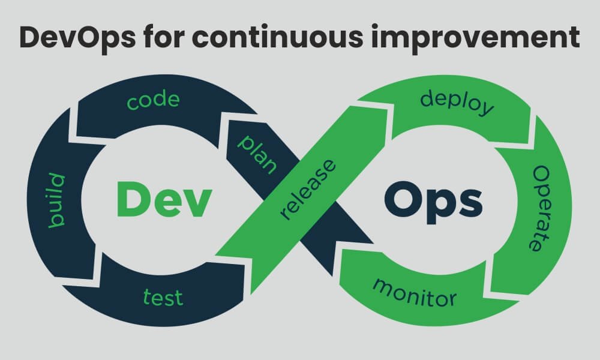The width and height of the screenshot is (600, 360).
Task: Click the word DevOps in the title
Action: (x=77, y=38)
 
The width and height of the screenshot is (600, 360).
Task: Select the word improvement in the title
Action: (x=475, y=38)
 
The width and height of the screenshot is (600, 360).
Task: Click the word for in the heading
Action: (x=164, y=37)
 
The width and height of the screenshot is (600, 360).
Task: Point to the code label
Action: (x=153, y=100)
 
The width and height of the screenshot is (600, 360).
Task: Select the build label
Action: (x=56, y=200)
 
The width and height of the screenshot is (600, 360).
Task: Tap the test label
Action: (x=163, y=297)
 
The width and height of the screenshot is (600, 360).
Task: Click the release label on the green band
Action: (x=308, y=190)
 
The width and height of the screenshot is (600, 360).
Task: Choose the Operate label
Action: (x=541, y=209)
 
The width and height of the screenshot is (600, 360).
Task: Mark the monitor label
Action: (x=415, y=293)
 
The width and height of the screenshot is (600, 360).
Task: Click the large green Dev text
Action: (x=164, y=199)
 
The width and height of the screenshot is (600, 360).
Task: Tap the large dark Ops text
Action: (x=433, y=203)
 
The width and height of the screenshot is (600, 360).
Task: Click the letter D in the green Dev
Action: (x=133, y=199)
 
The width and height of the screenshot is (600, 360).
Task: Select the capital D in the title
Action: (x=31, y=37)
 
